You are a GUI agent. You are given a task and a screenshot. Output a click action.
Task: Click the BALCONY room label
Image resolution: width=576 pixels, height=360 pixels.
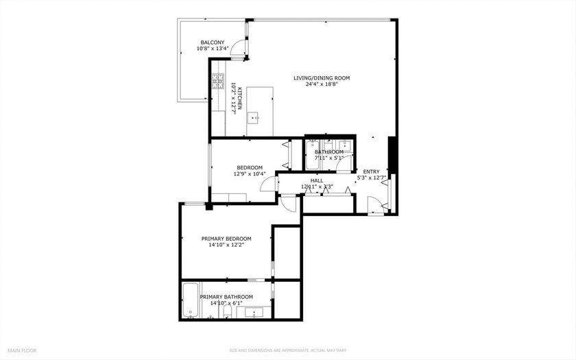click(x=213, y=41)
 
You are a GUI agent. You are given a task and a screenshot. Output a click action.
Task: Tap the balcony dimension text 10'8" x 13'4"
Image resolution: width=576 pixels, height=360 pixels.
click(x=213, y=49)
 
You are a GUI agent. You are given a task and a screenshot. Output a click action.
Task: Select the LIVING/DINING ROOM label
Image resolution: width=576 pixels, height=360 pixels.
click(x=322, y=78)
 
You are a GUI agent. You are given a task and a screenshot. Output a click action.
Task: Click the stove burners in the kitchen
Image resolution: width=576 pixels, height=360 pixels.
click(x=218, y=83)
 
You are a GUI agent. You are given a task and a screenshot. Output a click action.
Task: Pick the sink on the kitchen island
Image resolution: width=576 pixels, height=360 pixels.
click(x=253, y=117)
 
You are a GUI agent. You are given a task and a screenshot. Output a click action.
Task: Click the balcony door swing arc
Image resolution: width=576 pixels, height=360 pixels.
click(x=237, y=47)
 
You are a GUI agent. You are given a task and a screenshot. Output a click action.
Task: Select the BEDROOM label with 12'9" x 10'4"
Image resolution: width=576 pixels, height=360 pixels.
click(x=250, y=167)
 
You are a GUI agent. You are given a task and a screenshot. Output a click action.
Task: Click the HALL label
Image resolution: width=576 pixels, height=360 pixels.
click(x=316, y=180)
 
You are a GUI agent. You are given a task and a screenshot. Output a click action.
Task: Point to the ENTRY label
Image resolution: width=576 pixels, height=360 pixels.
click(x=371, y=171)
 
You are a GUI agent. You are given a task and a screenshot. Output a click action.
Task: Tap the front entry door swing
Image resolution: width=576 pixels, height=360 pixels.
click(x=374, y=204)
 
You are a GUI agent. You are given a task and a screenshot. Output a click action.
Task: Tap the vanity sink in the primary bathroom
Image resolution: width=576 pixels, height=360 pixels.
click(x=254, y=313)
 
